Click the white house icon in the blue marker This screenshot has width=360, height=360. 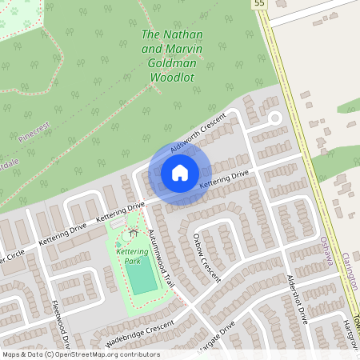coord(179,173)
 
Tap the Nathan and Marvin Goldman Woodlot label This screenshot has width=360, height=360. coord(172,56)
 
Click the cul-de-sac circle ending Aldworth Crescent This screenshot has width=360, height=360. coord(274,118)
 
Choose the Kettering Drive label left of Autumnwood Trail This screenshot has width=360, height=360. coord(120,212)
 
